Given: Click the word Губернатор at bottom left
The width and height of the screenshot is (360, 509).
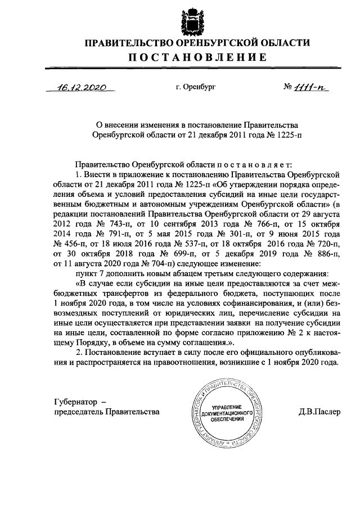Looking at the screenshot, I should (71, 402).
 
